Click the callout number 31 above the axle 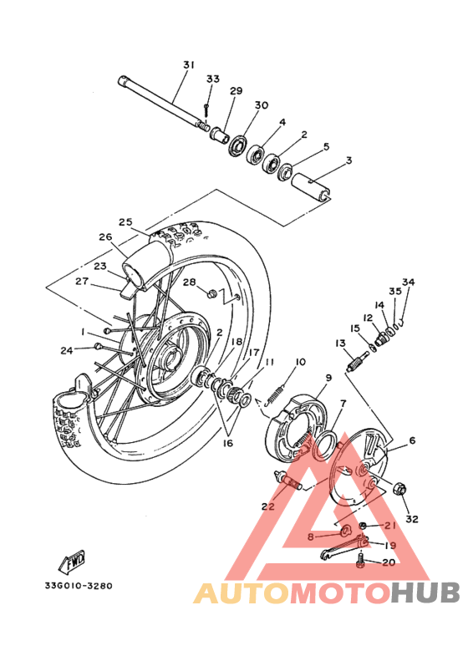click(189, 65)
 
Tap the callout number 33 click(212, 79)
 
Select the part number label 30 click(262, 105)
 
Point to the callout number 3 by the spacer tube click(349, 160)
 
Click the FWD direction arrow click(72, 562)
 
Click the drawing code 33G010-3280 click(79, 586)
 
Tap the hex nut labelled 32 click(399, 489)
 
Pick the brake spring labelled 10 click(274, 394)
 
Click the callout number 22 click(267, 506)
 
